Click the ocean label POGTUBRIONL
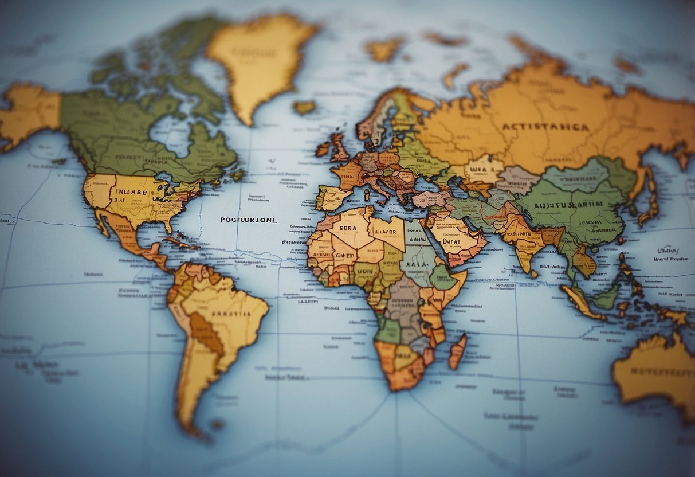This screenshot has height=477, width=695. click(x=249, y=219)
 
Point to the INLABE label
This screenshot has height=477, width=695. click(x=131, y=192)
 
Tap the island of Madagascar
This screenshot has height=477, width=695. click(x=457, y=351)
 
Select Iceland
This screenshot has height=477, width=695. click(x=304, y=107)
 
